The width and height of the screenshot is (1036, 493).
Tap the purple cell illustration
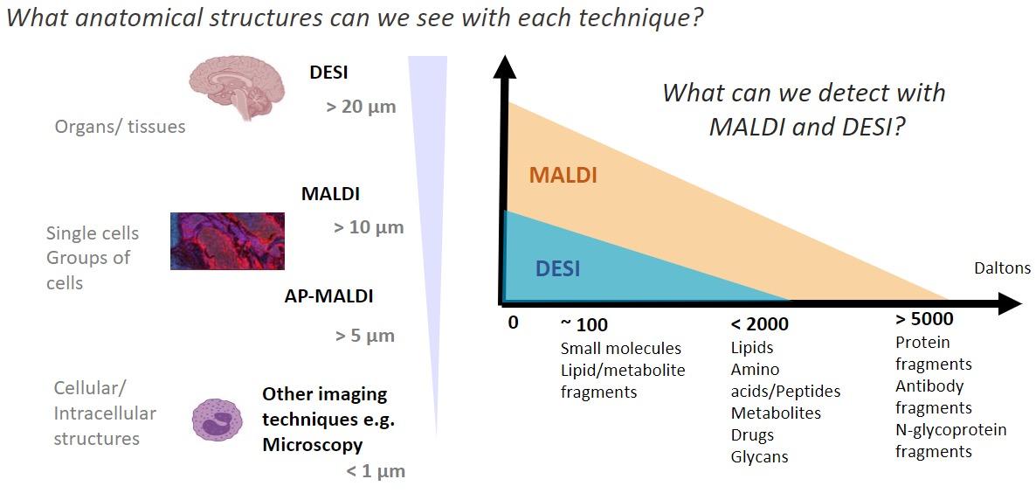pos(217,420)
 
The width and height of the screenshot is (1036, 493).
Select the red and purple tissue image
pos(227,240)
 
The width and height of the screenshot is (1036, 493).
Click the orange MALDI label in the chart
pos(563,175)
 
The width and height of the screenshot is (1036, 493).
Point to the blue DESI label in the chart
pos(557,268)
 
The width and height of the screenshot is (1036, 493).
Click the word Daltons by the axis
pos(1002,268)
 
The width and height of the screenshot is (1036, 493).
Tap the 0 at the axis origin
pos(513,323)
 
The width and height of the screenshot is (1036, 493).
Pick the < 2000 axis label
pos(759,324)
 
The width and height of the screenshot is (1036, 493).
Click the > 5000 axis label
pos(924,319)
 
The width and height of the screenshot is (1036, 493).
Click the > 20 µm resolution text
pos(361,108)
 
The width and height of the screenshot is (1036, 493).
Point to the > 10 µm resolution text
pos(369,228)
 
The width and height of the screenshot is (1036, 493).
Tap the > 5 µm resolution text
pos(364,336)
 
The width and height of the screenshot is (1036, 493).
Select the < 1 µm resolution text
pos(375,472)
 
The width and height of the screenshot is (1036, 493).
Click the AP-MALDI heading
pos(328,296)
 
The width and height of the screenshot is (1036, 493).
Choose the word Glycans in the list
pos(759,456)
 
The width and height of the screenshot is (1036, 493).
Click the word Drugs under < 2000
pos(752,434)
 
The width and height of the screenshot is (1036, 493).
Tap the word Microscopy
pos(312,445)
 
